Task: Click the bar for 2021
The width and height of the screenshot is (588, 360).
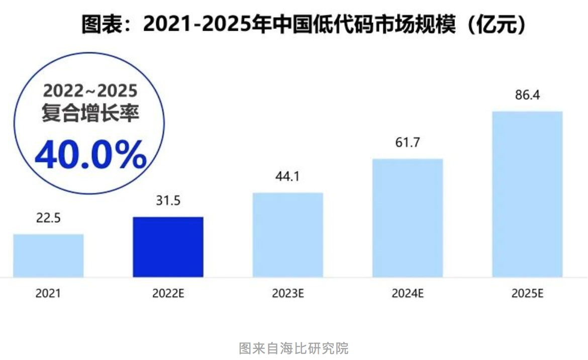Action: pyautogui.click(x=48, y=255)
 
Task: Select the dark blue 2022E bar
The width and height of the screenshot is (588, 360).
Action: pyautogui.click(x=168, y=247)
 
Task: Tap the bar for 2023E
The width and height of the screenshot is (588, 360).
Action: pyautogui.click(x=287, y=235)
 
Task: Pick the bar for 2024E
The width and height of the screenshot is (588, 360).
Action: pyautogui.click(x=407, y=218)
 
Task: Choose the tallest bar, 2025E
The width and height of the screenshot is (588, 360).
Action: pyautogui.click(x=527, y=194)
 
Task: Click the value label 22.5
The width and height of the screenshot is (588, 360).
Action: pyautogui.click(x=48, y=219)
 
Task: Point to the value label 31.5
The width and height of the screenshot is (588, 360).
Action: pyautogui.click(x=168, y=201)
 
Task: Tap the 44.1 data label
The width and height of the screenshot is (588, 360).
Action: pyautogui.click(x=287, y=177)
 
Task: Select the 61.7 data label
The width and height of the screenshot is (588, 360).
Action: pyautogui.click(x=407, y=143)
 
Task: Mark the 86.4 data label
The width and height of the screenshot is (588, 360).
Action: pyautogui.click(x=527, y=95)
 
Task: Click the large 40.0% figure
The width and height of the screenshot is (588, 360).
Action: pyautogui.click(x=90, y=156)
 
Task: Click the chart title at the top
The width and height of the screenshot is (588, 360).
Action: pyautogui.click(x=304, y=24)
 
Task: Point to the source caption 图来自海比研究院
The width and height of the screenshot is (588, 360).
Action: pyautogui.click(x=293, y=348)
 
